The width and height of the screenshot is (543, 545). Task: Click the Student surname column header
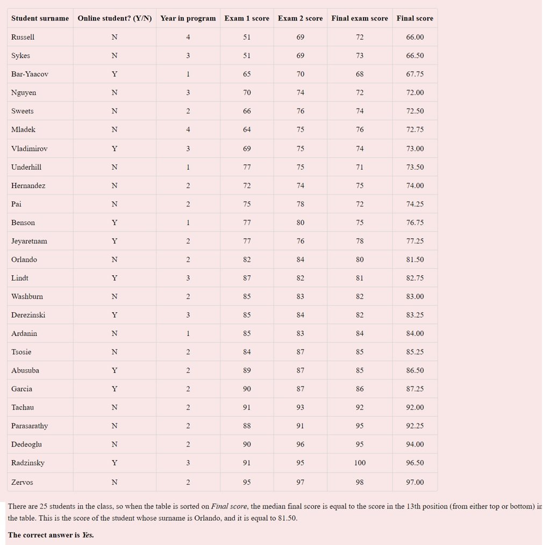(40, 18)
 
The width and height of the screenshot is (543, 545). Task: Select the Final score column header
(415, 18)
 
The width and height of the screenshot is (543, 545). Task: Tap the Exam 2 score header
(300, 18)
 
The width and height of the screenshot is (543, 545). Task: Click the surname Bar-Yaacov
(30, 74)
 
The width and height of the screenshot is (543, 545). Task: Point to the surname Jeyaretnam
(29, 241)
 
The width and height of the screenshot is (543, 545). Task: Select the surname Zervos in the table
(22, 482)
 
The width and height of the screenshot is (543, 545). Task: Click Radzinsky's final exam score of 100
(359, 463)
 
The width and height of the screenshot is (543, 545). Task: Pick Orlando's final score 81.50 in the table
(415, 260)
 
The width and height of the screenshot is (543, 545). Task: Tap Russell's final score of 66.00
(415, 37)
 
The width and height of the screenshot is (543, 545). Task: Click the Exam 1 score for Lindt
(246, 278)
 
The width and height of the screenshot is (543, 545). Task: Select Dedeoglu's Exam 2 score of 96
(300, 444)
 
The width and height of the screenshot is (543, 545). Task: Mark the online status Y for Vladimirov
(115, 148)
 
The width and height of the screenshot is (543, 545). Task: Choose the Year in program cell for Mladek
(188, 130)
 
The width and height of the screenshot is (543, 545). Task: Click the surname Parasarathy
(30, 426)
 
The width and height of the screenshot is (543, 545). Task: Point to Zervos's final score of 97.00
(415, 482)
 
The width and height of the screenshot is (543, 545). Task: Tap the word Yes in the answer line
(87, 535)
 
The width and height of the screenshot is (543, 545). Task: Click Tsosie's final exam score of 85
(359, 352)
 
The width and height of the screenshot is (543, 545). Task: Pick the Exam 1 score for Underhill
(246, 167)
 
